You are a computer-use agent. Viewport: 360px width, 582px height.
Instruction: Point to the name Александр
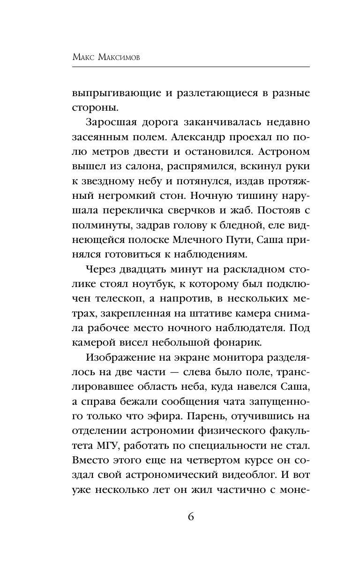point(201,138)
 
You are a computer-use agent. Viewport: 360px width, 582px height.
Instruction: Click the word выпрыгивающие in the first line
point(115,93)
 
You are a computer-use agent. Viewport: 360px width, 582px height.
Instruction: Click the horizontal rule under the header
point(191,67)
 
